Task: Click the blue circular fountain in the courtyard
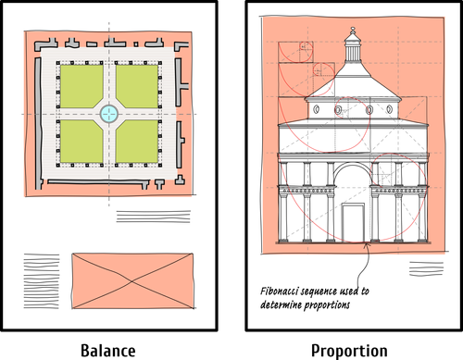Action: (x=109, y=113)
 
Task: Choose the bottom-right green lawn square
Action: (x=137, y=141)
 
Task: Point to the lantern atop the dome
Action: (x=351, y=42)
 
